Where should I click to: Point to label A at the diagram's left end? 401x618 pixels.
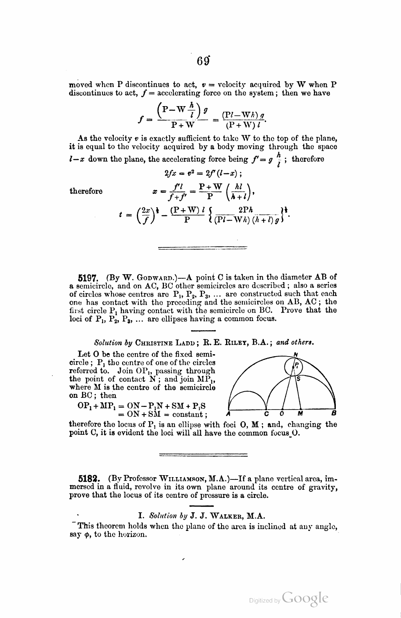pyautogui.click(x=228, y=413)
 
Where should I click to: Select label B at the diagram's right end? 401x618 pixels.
pyautogui.click(x=334, y=413)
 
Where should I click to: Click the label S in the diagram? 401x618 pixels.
pyautogui.click(x=298, y=379)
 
